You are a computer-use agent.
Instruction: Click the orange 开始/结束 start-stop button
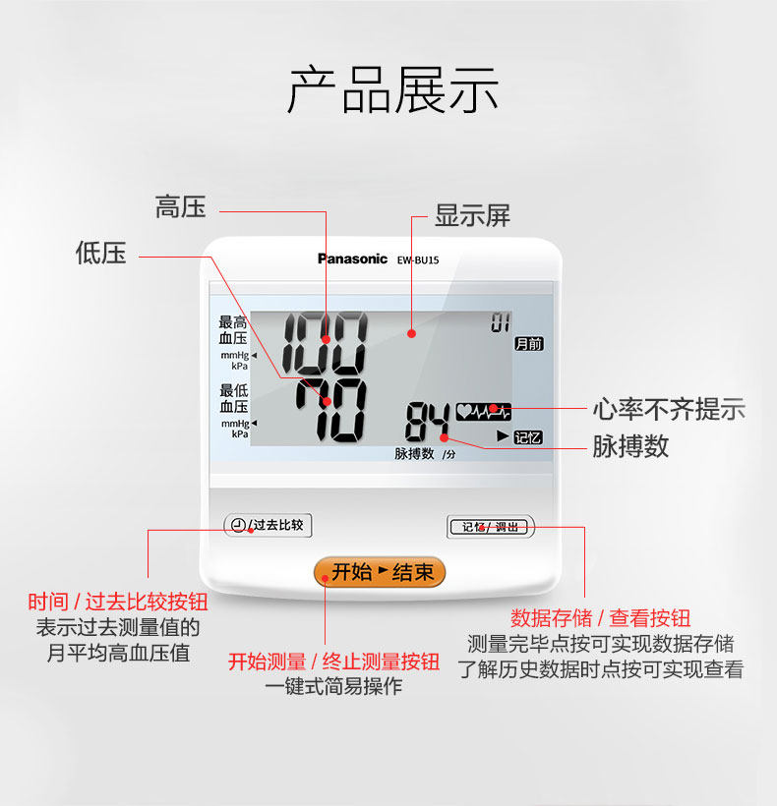(380, 572)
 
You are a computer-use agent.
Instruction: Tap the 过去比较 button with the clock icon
(268, 526)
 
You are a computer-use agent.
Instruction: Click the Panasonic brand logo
(352, 259)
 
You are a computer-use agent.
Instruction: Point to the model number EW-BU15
(418, 260)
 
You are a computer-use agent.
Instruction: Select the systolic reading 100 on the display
(326, 339)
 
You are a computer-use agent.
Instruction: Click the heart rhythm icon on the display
(484, 410)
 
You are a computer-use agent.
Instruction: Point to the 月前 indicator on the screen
(528, 344)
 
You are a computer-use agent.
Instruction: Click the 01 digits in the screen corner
(502, 322)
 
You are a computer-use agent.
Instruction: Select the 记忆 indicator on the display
(528, 437)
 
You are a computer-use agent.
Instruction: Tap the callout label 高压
(181, 207)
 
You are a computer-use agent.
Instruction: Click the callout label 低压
(101, 254)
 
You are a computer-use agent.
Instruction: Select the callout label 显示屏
(473, 216)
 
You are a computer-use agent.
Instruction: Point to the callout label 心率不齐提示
(669, 409)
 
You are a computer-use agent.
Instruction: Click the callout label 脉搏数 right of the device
(630, 445)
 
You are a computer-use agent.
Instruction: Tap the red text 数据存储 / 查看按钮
(600, 618)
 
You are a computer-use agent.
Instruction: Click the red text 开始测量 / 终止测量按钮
(333, 662)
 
